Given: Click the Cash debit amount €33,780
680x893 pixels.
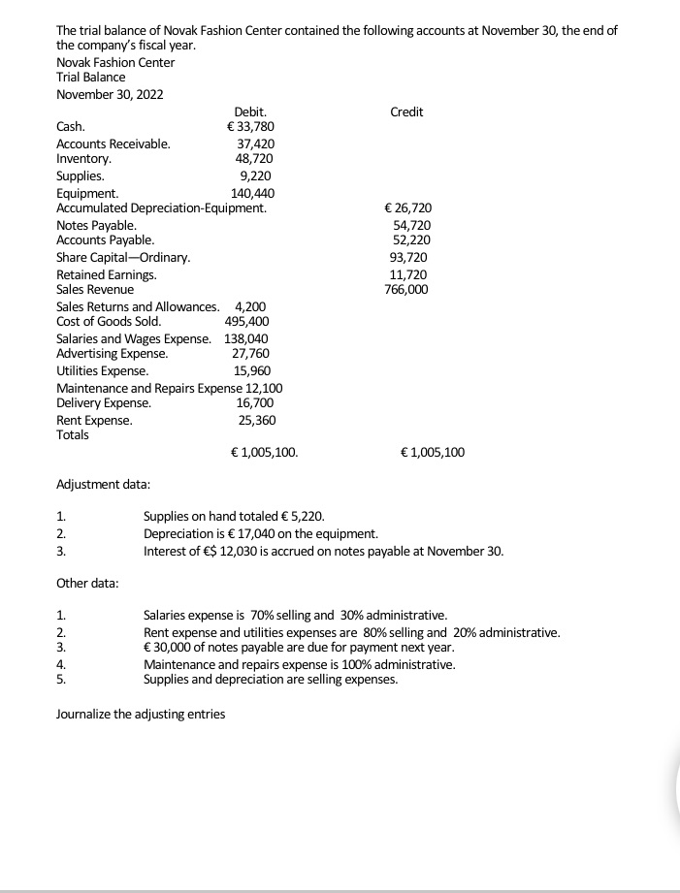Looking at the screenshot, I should pos(249,126).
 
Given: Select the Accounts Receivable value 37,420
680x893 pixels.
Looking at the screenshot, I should pos(256,144).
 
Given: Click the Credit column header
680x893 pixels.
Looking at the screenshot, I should pos(406,112).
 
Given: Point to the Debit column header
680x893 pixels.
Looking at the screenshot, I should pos(250,112).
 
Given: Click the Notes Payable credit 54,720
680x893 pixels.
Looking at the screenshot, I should pos(412,225).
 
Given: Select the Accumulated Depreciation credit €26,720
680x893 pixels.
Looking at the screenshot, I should pos(408,208).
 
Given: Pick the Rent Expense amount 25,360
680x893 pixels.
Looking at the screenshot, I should pos(257,420).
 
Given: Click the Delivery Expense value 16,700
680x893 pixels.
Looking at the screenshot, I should pos(255,402).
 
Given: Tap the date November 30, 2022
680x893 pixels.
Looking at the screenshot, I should pos(110,94).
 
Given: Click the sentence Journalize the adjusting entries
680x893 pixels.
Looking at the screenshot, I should pos(141,715).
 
